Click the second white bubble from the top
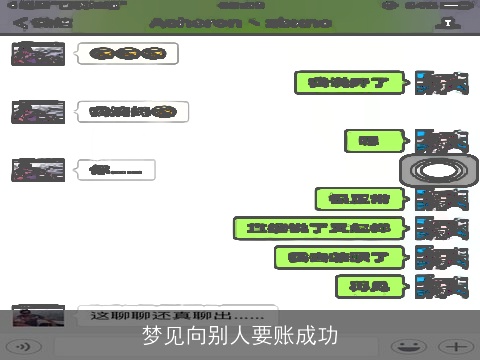133,112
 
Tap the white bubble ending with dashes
115,170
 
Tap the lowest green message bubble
371,287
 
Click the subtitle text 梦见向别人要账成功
240,335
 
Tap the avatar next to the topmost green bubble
441,83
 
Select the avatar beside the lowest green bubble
441,287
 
